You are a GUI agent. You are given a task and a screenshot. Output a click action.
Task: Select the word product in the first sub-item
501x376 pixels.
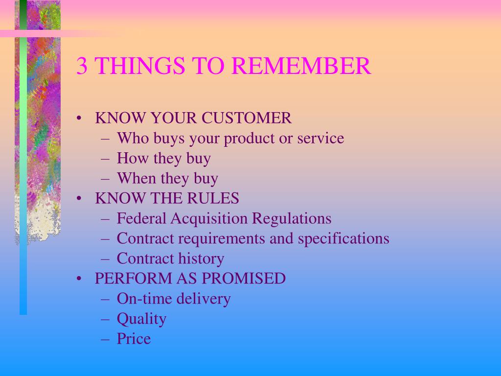(x=250, y=139)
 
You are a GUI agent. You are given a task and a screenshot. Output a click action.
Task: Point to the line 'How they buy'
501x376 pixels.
(x=163, y=159)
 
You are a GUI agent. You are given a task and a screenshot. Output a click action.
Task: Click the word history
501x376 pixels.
(x=201, y=258)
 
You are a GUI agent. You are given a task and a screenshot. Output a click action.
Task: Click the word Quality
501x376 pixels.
(x=141, y=319)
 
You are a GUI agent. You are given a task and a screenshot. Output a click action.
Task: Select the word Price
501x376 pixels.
(x=134, y=339)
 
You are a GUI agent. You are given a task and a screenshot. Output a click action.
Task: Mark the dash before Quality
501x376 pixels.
(x=106, y=319)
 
